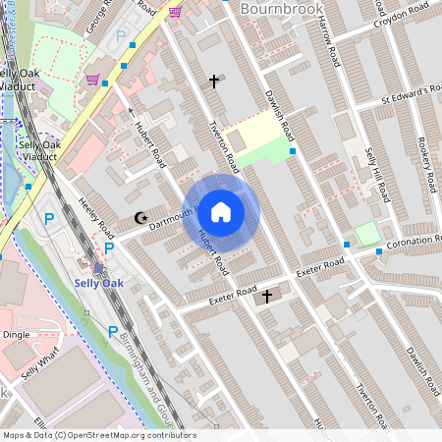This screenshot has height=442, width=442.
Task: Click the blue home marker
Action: coord(221,211)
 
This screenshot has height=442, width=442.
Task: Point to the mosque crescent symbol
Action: coord(138,219)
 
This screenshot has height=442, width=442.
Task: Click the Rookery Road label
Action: coord(425,154)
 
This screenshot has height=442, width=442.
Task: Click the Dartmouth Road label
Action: coord(174,218)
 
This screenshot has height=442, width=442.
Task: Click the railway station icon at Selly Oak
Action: coord(97,267)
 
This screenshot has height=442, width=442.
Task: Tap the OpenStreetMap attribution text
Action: coord(98,435)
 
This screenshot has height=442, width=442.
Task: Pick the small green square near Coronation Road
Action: coord(365,234)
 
